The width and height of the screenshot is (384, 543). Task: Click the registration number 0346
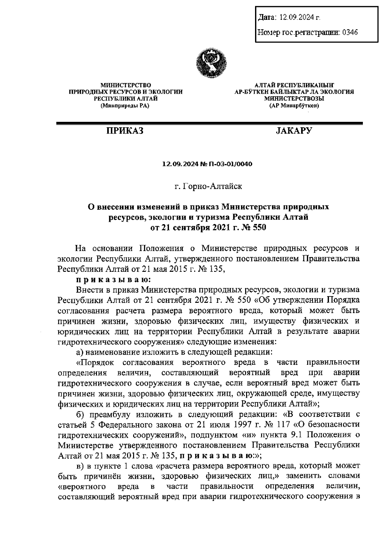(350, 32)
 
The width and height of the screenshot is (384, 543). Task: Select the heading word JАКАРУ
(294, 131)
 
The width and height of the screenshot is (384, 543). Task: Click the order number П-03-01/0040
(233, 164)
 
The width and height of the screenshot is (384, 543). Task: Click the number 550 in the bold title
(259, 228)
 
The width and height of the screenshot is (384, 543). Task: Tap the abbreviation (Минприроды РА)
(125, 106)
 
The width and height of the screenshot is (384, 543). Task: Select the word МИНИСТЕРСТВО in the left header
(125, 85)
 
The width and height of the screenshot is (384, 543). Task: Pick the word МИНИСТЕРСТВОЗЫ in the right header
(294, 99)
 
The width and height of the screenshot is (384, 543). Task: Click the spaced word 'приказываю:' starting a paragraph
(113, 279)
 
